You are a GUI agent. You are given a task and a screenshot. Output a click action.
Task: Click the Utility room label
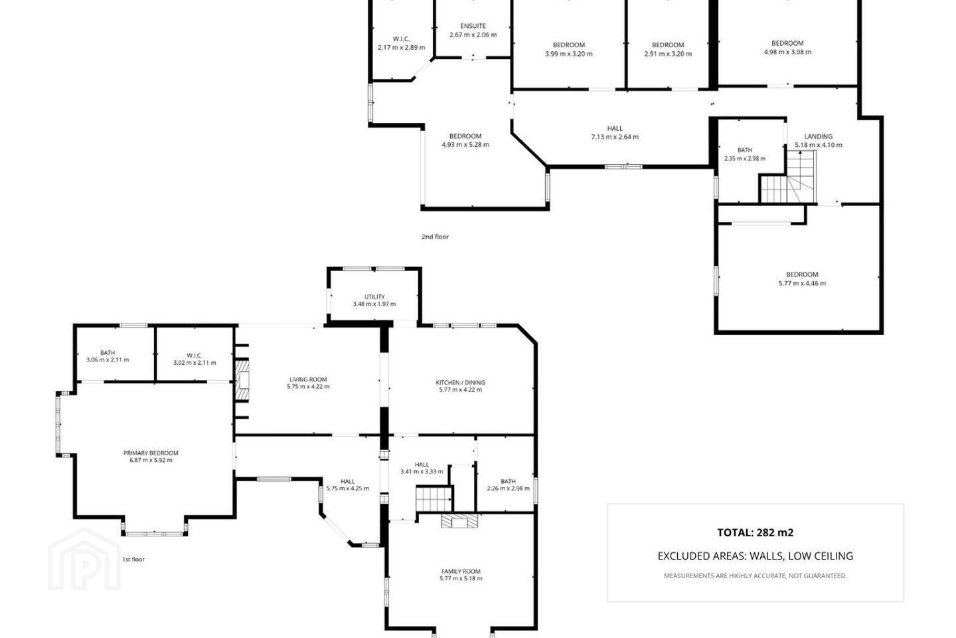click(374, 296)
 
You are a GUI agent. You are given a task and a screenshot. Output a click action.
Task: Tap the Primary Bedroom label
click(151, 453)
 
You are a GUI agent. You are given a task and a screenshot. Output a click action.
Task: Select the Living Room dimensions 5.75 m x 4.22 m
click(308, 387)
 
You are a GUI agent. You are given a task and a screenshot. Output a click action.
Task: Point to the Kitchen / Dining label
click(460, 382)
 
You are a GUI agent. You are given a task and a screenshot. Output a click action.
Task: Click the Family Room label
click(461, 572)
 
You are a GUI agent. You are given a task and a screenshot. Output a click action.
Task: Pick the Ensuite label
click(473, 26)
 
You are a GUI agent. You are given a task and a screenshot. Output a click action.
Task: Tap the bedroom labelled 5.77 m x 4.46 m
click(802, 278)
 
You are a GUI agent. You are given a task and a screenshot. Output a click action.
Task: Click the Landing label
click(818, 137)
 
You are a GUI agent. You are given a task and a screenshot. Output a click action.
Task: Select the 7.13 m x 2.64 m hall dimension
click(615, 137)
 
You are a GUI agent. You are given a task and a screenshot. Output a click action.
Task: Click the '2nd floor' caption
click(435, 237)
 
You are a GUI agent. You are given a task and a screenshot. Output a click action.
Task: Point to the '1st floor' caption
click(133, 560)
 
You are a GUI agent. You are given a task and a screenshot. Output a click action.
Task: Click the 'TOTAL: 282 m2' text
click(755, 532)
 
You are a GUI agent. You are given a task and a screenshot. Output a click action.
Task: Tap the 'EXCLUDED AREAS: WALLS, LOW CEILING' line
click(755, 556)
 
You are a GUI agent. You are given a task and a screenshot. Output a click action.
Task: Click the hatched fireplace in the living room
click(243, 381)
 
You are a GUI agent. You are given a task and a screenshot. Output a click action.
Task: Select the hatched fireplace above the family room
click(459, 521)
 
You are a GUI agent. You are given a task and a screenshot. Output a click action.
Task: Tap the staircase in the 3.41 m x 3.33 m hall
click(434, 499)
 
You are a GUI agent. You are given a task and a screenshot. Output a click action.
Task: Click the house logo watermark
click(84, 560)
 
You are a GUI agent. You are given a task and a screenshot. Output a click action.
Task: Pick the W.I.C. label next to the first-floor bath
click(194, 356)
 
